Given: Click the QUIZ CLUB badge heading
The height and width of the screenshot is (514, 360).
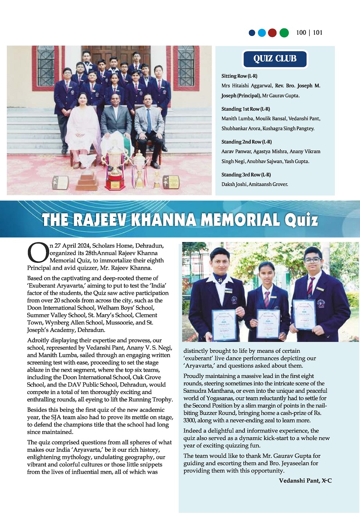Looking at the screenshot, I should tap(275, 59).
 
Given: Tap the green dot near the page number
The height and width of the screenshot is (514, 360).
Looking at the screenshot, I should tap(284, 33).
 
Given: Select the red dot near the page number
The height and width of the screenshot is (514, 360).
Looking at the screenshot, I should tap(272, 33).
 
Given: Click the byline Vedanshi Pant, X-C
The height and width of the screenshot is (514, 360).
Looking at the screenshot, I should tap(305, 480).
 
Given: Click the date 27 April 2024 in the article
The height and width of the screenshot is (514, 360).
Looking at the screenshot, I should tap(68, 246).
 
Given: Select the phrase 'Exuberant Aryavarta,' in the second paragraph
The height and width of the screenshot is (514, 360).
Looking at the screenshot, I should tap(57, 286).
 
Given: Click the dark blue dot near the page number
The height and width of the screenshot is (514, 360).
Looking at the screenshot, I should tap(252, 33).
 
